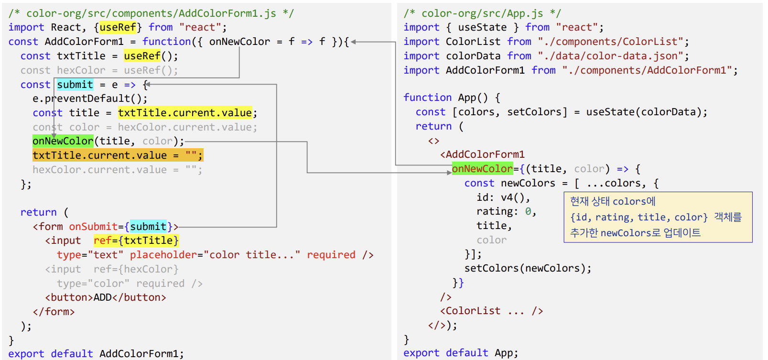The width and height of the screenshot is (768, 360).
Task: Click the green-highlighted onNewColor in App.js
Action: point(482,169)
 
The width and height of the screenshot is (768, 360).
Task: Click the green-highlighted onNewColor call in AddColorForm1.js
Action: point(63,141)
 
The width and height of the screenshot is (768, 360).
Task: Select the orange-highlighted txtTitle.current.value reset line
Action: point(118,155)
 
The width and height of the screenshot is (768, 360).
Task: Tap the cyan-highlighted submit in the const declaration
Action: point(75,85)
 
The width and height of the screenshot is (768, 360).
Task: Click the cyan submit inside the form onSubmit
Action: point(148,227)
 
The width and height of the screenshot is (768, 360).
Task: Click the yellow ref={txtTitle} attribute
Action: point(136,240)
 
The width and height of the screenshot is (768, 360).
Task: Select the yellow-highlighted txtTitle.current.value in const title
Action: point(184,113)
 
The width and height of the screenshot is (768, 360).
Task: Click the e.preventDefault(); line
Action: point(90,98)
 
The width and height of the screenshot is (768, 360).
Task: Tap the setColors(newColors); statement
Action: point(528,268)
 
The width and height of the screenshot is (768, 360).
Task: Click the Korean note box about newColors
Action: point(658,217)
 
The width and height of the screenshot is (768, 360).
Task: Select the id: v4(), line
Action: point(503,197)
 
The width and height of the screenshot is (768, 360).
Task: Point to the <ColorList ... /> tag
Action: point(491,311)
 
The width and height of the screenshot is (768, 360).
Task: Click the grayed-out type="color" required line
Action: point(130,284)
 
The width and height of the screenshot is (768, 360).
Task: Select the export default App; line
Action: point(460,353)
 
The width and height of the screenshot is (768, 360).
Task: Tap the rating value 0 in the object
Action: point(528,211)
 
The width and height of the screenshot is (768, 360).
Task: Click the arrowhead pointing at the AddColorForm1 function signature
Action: point(353,42)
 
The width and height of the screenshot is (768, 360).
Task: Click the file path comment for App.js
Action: point(482,13)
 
